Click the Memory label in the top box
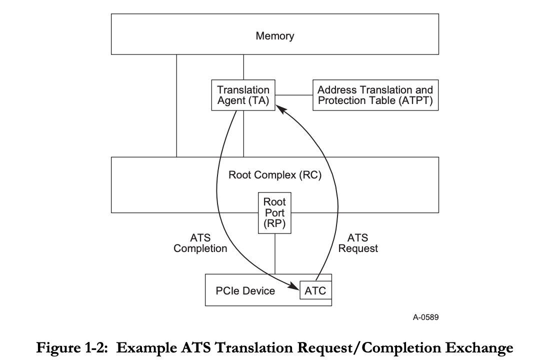[274, 36]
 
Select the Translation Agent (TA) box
[243, 95]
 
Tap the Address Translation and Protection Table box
[375, 95]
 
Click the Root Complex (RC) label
[274, 175]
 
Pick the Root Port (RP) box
[274, 213]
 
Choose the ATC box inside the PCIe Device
[315, 290]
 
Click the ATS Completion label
[200, 243]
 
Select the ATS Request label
[358, 243]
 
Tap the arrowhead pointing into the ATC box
[294, 286]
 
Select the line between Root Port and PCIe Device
[275, 253]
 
